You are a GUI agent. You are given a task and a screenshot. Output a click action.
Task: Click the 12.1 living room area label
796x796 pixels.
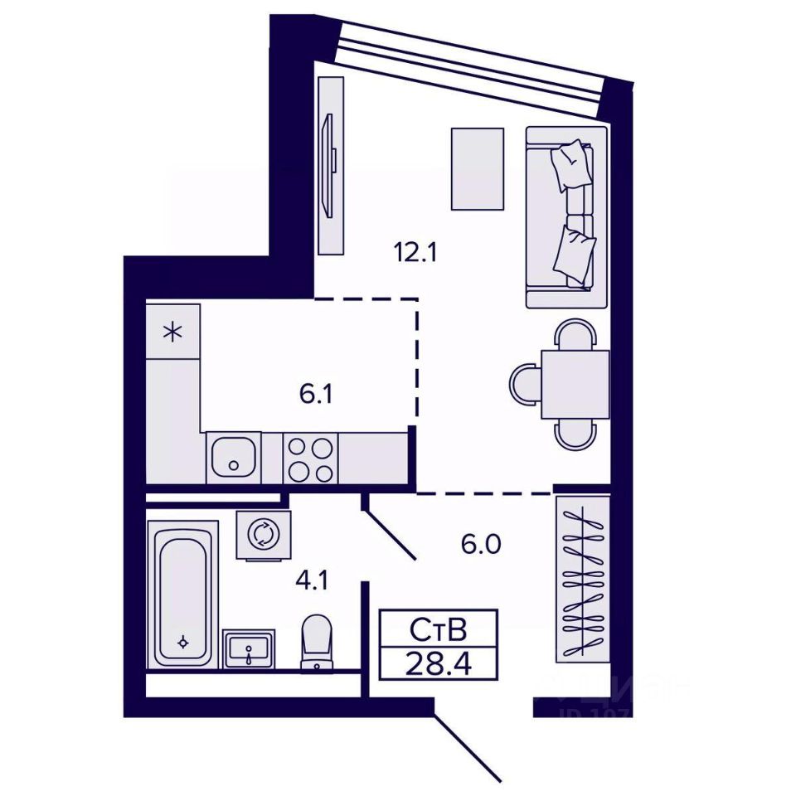[415, 250]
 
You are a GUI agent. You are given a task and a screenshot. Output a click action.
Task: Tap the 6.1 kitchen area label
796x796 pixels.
[316, 394]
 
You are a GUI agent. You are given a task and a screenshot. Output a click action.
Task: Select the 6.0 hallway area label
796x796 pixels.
[482, 545]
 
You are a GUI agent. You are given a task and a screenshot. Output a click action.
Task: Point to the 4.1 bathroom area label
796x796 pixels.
[312, 580]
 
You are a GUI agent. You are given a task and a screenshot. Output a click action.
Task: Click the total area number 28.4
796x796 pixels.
[438, 663]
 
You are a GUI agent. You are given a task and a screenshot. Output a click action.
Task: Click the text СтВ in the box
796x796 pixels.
[438, 630]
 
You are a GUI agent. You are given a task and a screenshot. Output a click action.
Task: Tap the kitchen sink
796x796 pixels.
[233, 457]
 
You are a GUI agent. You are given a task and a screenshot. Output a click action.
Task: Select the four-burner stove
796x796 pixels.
[311, 459]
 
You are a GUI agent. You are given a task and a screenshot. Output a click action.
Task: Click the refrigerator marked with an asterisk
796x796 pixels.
[172, 332]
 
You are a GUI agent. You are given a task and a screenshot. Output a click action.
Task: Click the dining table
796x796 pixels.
[575, 384]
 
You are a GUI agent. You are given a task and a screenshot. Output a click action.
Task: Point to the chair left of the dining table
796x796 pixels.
[525, 384]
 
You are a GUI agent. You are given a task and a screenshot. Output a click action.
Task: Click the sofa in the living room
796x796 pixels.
[567, 217]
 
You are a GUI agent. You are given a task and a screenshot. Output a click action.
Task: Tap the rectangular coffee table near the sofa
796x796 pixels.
[477, 168]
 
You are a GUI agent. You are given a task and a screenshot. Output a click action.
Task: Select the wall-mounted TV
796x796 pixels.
[329, 166]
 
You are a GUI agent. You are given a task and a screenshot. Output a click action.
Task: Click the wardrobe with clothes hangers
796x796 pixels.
[582, 578]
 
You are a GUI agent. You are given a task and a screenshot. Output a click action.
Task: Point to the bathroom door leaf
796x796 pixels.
[391, 535]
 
